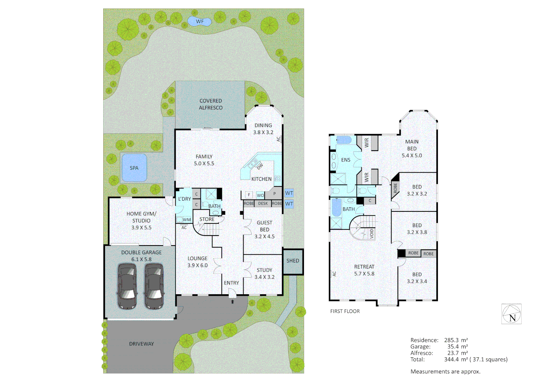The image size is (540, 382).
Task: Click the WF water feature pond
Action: click(199, 22)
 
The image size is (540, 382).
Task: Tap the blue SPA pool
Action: click(134, 168)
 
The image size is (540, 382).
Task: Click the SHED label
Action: click(293, 261)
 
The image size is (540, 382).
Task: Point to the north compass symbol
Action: click(511, 314)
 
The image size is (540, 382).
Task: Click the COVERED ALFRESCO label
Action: click(211, 104)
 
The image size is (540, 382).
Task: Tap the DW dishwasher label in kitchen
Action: click(260, 166)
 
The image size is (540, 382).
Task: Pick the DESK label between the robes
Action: click(263, 203)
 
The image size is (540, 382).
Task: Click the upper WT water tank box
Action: click(289, 193)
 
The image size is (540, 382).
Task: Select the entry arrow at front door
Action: click(232, 302)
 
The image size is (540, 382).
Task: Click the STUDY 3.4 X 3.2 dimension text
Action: click(264, 277)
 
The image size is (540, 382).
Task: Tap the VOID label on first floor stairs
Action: click(371, 233)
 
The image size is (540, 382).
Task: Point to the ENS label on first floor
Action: click(346, 160)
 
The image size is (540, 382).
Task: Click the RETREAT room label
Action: click(364, 267)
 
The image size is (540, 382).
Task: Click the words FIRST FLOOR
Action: click(345, 311)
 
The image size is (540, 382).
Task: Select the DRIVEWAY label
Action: click(141, 344)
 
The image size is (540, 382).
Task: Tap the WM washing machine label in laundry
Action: click(187, 220)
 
